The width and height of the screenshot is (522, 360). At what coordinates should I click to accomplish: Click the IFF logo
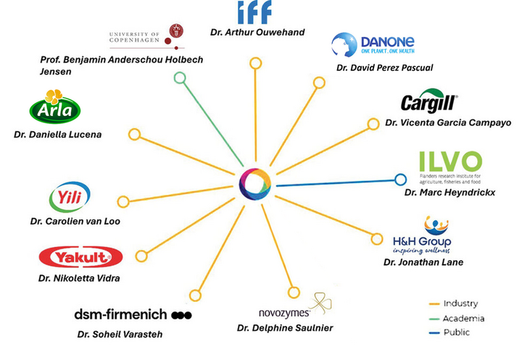tap(254, 12)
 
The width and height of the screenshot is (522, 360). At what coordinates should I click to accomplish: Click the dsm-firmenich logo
tap(133, 314)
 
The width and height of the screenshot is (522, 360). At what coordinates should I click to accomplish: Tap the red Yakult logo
tap(80, 257)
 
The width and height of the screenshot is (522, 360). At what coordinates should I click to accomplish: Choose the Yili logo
tap(70, 198)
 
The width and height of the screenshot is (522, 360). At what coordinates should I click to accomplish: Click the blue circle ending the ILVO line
tap(399, 179)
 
